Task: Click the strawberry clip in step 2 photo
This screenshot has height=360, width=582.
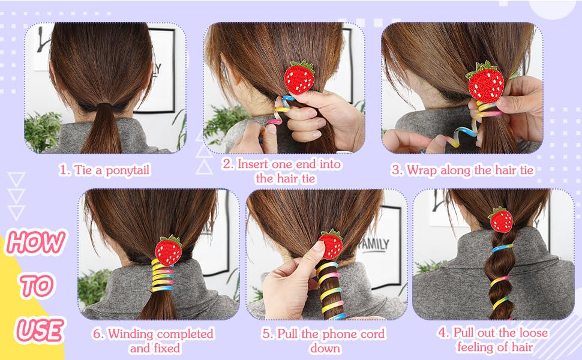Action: click(299, 77)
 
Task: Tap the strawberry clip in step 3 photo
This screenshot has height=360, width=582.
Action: click(485, 82)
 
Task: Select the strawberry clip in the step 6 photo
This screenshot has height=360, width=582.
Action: click(169, 250)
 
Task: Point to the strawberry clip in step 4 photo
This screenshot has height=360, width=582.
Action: click(501, 220)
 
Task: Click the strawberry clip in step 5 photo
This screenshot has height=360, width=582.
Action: click(331, 244)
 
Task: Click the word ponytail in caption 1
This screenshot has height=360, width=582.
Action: click(127, 170)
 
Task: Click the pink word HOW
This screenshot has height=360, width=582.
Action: click(36, 242)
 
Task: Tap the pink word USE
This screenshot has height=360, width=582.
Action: click(40, 330)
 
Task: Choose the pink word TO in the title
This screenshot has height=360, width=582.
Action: click(37, 286)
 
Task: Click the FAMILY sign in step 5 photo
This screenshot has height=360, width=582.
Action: click(375, 244)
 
